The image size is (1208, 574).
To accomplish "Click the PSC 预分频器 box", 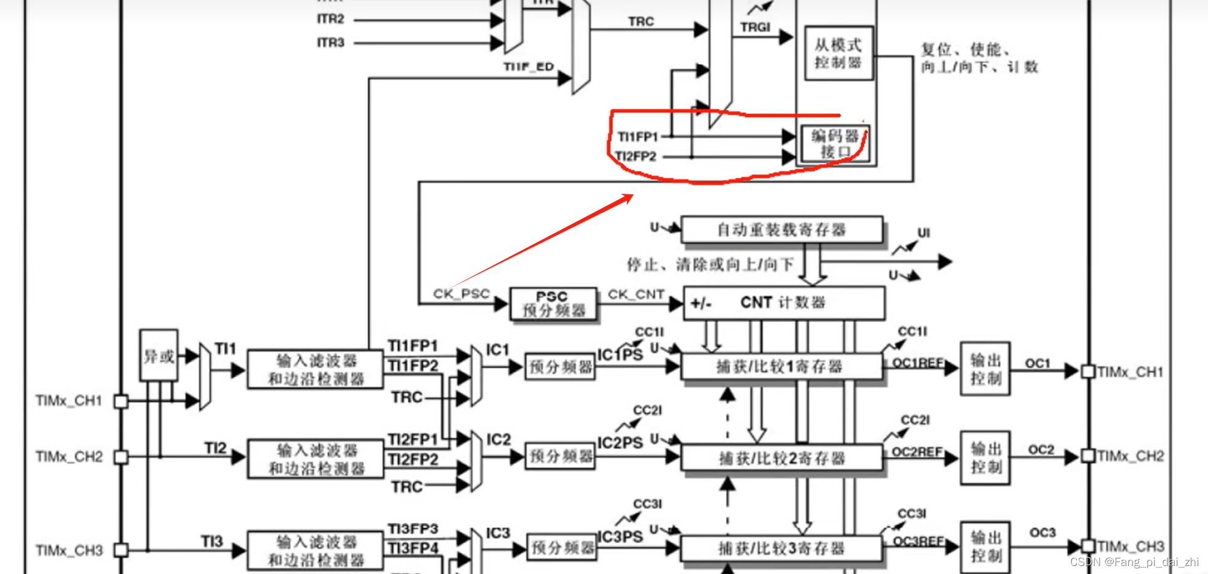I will click(x=553, y=304).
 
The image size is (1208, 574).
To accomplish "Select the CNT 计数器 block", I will click(x=783, y=303).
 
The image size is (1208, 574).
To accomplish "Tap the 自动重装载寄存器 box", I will click(x=781, y=230).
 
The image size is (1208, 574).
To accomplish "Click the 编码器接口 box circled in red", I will click(x=835, y=143).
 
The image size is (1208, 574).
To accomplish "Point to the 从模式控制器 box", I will click(x=838, y=53).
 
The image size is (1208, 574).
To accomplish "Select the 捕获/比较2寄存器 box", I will click(x=781, y=458).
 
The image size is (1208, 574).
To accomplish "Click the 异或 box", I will click(x=159, y=356).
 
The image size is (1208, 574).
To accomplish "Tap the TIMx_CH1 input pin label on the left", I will click(x=69, y=401).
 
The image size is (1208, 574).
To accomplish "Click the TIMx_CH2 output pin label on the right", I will click(x=1130, y=456).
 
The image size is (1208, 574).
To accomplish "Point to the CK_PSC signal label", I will click(x=462, y=294).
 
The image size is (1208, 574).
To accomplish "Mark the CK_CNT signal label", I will click(x=636, y=294).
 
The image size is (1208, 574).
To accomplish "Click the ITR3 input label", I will click(x=331, y=43).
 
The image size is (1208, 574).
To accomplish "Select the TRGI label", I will click(x=755, y=28).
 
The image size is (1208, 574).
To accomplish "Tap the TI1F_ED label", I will click(x=528, y=67).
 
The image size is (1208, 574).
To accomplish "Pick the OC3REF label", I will click(x=917, y=541).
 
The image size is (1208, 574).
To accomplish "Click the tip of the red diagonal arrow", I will click(x=632, y=196).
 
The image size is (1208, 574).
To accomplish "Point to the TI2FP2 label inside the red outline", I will click(x=636, y=157).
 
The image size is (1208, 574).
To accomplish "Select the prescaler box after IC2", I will click(x=560, y=456).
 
